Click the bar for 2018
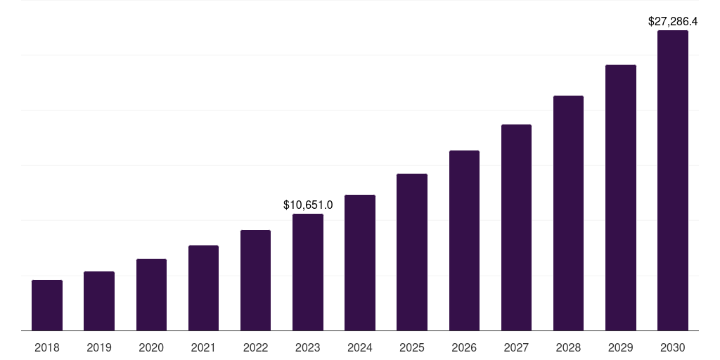click(47, 305)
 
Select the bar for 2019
click(99, 301)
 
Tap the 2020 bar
click(151, 295)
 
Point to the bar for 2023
click(308, 272)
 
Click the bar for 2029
click(620, 198)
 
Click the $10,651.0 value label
click(308, 205)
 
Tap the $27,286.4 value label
click(673, 22)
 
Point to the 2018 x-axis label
click(47, 347)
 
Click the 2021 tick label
click(203, 347)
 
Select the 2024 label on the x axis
click(360, 347)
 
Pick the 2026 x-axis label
click(464, 347)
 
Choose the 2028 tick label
click(568, 347)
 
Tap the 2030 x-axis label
click(673, 347)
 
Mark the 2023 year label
click(308, 347)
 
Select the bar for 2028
click(568, 213)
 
